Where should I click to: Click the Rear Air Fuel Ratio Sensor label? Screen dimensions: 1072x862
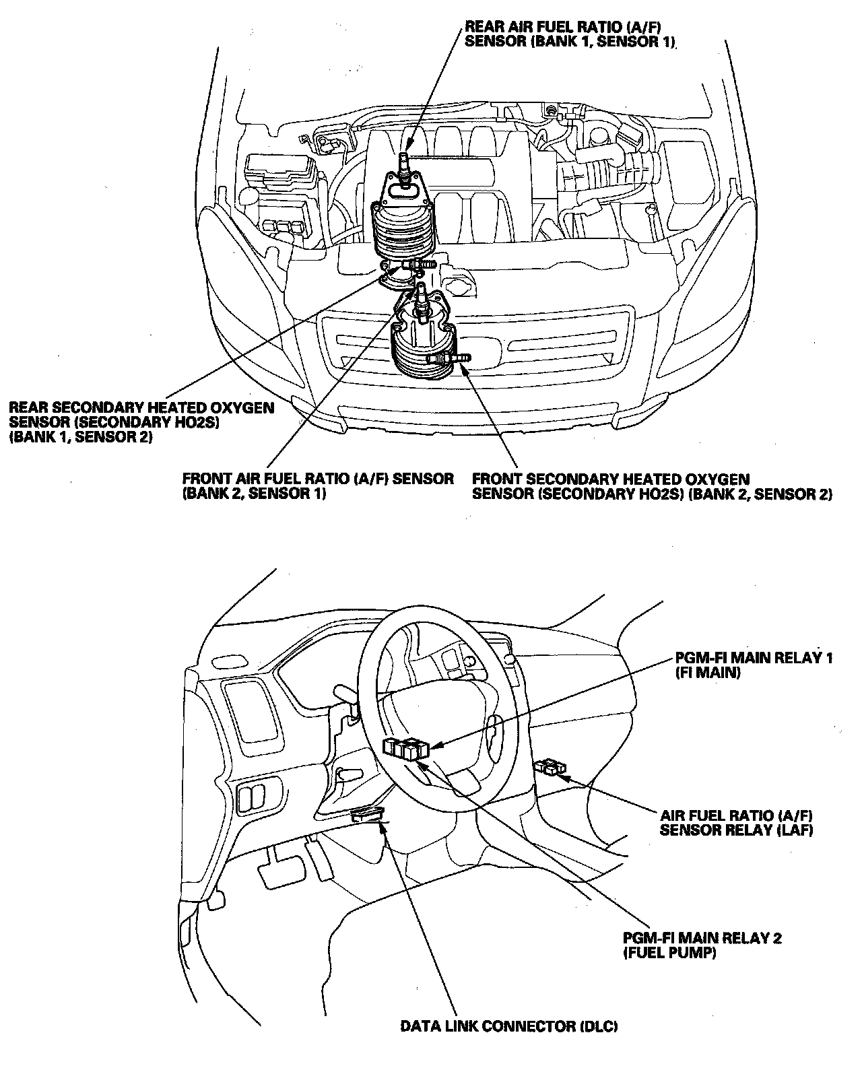(x=570, y=34)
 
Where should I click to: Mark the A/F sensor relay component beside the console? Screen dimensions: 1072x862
(x=551, y=766)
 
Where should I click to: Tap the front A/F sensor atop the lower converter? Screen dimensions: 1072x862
(x=422, y=300)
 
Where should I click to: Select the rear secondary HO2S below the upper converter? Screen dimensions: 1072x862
(x=417, y=265)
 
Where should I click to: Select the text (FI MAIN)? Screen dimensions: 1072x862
(x=707, y=672)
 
